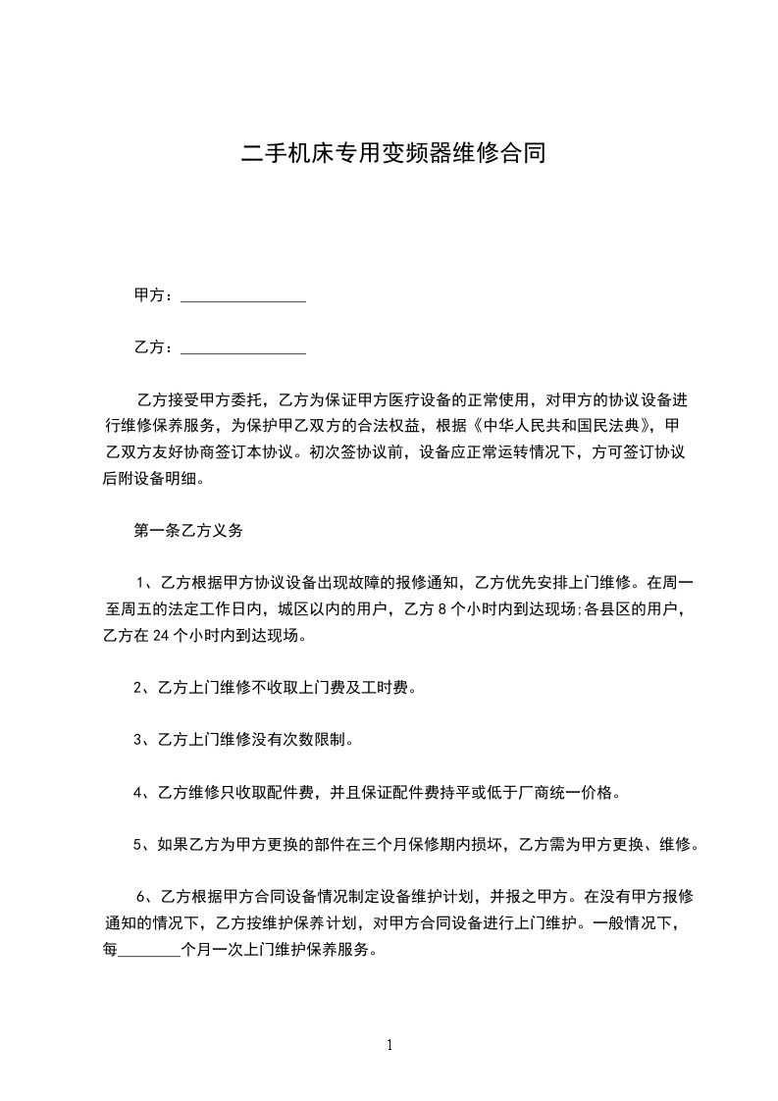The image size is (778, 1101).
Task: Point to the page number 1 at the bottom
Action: [x=389, y=1045]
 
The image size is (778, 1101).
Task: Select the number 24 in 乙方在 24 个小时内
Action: [x=164, y=636]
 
